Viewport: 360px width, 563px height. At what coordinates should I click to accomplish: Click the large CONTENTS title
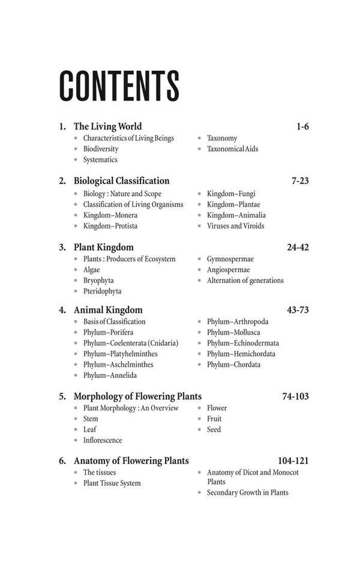point(119,85)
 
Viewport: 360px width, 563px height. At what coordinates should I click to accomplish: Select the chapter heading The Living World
point(107,127)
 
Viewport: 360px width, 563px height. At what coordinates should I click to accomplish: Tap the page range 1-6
point(302,127)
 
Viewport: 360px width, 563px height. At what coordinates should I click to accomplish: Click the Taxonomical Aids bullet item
point(232,149)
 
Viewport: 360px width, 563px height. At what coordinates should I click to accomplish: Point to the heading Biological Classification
point(121,181)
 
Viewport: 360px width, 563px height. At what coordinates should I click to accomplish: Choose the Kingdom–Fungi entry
point(231,194)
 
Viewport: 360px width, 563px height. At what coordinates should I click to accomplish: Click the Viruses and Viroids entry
point(235,226)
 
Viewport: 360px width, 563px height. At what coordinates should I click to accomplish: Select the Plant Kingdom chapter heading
point(103,247)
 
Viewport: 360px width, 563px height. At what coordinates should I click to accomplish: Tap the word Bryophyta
point(98,281)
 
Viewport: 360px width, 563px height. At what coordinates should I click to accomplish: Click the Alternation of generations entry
point(245,281)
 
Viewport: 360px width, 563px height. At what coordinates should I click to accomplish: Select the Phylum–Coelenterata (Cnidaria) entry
point(130,343)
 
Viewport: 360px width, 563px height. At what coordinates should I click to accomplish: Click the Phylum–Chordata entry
point(233,365)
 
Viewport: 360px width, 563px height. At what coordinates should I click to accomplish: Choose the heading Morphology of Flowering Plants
point(137,396)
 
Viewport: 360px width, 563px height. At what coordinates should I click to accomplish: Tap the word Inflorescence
point(103,440)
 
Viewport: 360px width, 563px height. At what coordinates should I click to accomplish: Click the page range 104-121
point(293,461)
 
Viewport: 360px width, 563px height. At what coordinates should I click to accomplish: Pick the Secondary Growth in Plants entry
point(247,493)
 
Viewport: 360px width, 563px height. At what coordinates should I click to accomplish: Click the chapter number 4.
point(62,311)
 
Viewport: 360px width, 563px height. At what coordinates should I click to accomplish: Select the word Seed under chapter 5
point(214,429)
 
